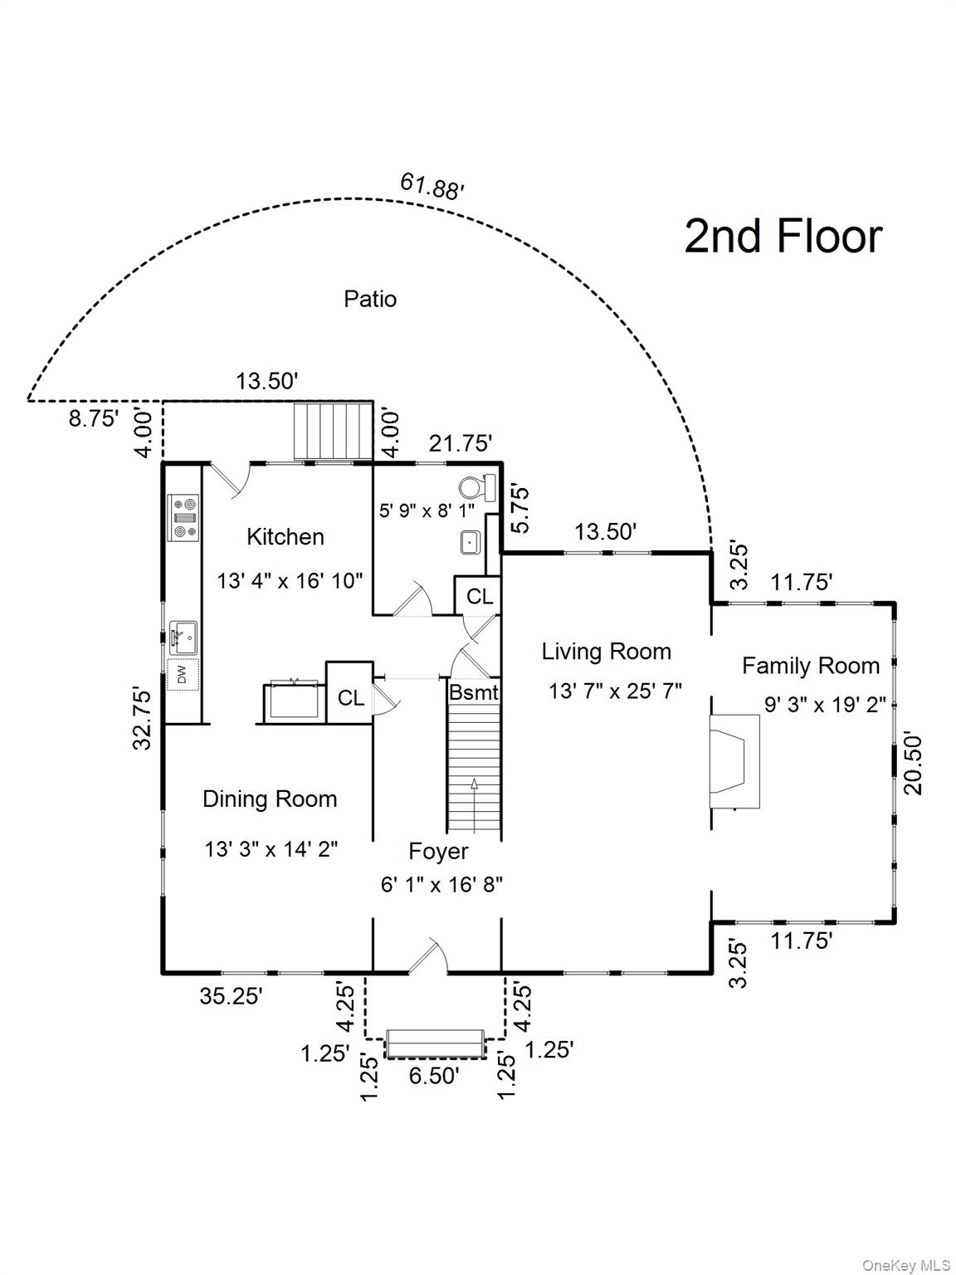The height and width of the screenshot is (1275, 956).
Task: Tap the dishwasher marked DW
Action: pyautogui.click(x=183, y=673)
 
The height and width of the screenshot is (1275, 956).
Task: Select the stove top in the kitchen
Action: pyautogui.click(x=183, y=517)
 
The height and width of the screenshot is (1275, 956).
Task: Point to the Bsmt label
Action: pyautogui.click(x=474, y=692)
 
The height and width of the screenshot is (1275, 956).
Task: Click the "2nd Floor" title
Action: pyautogui.click(x=783, y=237)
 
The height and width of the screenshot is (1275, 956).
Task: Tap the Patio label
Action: pyautogui.click(x=370, y=299)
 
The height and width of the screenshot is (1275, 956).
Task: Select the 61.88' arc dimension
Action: pyautogui.click(x=432, y=186)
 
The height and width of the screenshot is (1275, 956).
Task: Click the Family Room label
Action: pyautogui.click(x=810, y=666)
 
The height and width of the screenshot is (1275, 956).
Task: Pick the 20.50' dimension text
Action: pyautogui.click(x=913, y=763)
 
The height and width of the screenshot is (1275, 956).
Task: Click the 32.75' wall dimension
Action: pyautogui.click(x=144, y=719)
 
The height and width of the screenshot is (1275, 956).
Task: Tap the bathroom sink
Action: pyautogui.click(x=471, y=542)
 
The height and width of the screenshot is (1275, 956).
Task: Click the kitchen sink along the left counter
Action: pyautogui.click(x=183, y=637)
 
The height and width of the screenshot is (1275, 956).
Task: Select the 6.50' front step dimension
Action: pyautogui.click(x=433, y=1076)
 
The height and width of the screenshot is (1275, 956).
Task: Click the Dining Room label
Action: pyautogui.click(x=270, y=799)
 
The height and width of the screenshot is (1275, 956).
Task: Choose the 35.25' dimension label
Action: pyautogui.click(x=231, y=996)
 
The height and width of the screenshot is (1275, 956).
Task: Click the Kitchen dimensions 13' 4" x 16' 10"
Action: pyautogui.click(x=290, y=581)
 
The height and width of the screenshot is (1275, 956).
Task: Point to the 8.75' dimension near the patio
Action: pyautogui.click(x=94, y=419)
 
